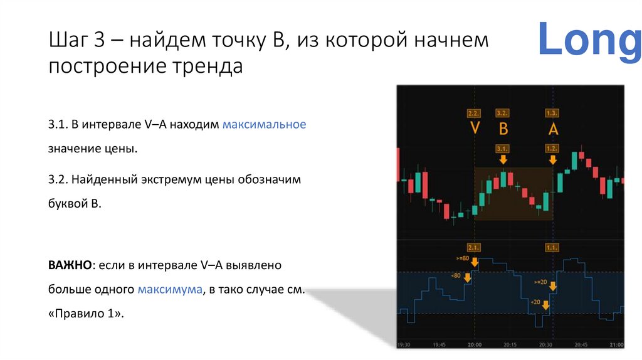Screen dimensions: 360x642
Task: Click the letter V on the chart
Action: tap(475, 129)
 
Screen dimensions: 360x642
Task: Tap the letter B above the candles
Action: tap(502, 129)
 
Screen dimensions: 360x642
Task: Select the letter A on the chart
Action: tap(552, 129)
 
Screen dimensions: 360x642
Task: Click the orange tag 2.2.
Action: tap(474, 114)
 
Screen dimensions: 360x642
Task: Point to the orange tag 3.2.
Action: tap(502, 114)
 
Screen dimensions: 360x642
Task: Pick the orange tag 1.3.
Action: tap(552, 114)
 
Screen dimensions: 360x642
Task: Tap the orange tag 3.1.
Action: tap(502, 149)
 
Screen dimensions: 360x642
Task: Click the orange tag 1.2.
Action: tap(552, 149)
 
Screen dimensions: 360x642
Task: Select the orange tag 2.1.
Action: tap(474, 247)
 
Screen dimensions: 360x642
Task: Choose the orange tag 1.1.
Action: tap(552, 247)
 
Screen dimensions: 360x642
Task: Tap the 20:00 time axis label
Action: tap(475, 345)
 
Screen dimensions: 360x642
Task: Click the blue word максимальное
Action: tap(264, 124)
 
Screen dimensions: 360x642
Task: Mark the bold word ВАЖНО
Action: tap(70, 265)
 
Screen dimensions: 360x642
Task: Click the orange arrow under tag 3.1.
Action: tap(502, 160)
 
